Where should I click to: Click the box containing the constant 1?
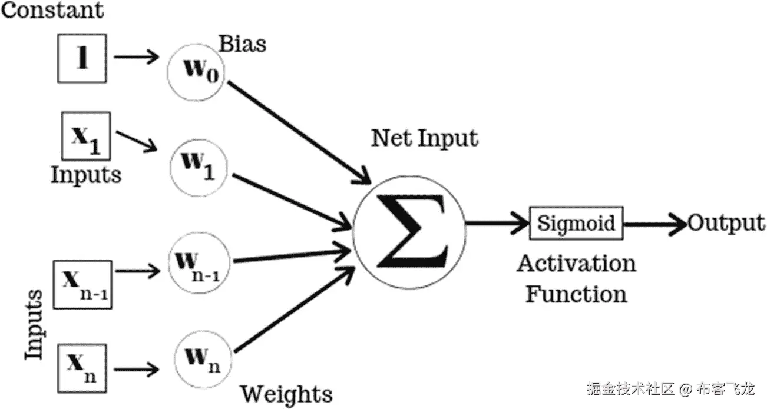click(82, 58)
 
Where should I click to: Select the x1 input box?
click(87, 137)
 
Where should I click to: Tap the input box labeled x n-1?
click(82, 284)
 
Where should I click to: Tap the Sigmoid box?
click(576, 224)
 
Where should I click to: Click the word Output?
click(726, 224)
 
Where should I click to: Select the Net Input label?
click(424, 138)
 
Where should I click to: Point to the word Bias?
click(242, 44)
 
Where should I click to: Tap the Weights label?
click(287, 393)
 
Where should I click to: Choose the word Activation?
click(576, 263)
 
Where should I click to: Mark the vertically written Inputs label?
click(34, 324)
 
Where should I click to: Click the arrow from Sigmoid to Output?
click(654, 224)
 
